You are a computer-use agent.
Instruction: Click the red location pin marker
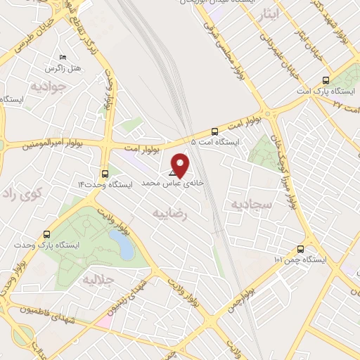point(181,165)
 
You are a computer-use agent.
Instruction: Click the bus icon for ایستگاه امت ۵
point(214,131)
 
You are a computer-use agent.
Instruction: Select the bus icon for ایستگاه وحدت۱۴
point(105,173)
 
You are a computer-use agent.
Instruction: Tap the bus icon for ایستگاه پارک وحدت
point(47,234)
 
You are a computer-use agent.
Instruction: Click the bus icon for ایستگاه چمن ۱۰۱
point(301,248)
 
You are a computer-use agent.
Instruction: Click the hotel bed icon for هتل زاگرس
point(63,57)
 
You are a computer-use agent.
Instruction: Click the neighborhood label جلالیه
point(98,280)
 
